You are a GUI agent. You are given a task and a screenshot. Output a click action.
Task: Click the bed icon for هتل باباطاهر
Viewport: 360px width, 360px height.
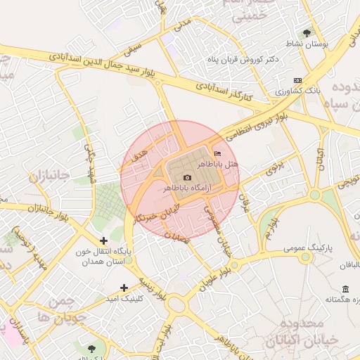click(x=216, y=153)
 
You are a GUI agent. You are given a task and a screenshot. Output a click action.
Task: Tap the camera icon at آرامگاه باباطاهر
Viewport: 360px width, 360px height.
click(x=187, y=178)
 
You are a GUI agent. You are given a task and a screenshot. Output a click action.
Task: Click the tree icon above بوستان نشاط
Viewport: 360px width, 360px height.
click(x=307, y=32)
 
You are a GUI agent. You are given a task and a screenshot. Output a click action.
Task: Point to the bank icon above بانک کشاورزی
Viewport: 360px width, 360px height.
click(x=297, y=81)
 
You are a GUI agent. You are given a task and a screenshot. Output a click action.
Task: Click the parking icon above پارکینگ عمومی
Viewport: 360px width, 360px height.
click(x=305, y=238)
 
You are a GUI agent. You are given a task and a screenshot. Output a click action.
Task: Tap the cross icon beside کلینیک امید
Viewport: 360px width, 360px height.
click(x=124, y=288)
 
